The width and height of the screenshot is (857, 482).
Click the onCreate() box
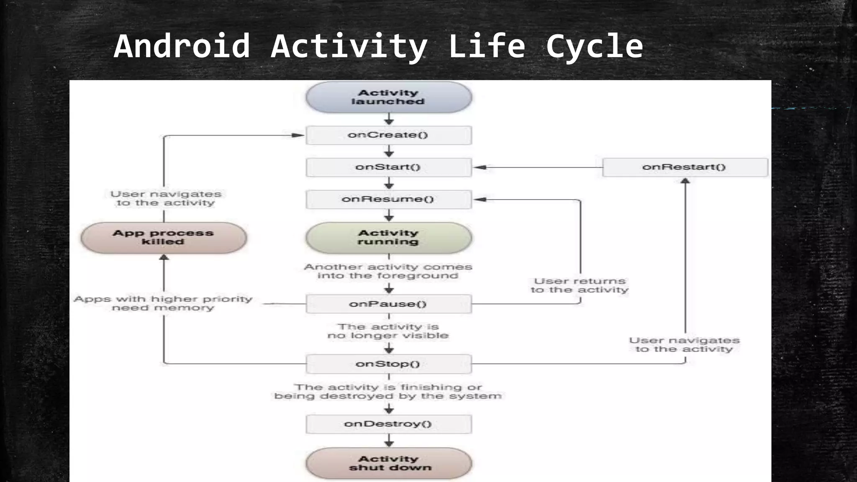tap(389, 135)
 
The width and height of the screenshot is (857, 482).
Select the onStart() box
tap(389, 167)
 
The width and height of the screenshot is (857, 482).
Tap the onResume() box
tap(389, 199)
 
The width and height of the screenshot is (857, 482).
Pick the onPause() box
tap(389, 304)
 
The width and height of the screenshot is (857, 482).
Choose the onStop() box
tap(389, 364)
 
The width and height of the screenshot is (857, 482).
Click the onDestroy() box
tap(389, 424)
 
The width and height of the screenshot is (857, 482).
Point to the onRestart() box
tap(685, 167)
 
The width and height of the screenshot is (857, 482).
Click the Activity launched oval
tap(389, 97)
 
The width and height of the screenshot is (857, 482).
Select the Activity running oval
tap(389, 237)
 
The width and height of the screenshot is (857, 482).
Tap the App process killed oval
tap(164, 237)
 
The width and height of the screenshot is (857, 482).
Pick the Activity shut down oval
tap(389, 463)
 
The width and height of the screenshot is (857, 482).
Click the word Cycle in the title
tap(594, 46)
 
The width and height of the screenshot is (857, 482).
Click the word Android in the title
tap(182, 46)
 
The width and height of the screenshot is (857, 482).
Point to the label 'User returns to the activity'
tap(580, 285)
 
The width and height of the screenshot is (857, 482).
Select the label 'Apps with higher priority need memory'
tap(163, 303)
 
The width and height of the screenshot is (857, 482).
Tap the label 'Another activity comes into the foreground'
tap(388, 271)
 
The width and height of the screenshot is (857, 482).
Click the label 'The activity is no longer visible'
tap(388, 331)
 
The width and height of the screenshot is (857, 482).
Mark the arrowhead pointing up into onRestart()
tap(685, 181)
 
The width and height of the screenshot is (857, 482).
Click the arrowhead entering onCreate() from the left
tap(298, 135)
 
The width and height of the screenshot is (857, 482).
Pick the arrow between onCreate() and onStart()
tap(389, 151)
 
